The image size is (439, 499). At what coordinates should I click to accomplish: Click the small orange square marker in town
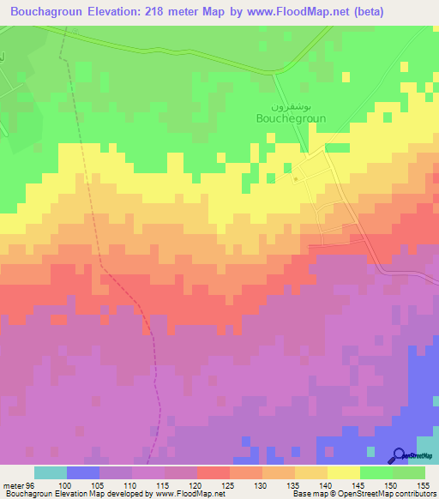[296, 179]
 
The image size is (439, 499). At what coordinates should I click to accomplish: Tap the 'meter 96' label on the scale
[18, 484]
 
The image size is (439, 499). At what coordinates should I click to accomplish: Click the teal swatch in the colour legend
[50, 472]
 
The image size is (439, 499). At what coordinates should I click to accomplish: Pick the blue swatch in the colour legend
[82, 472]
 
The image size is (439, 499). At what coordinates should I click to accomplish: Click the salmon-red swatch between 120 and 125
[213, 472]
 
